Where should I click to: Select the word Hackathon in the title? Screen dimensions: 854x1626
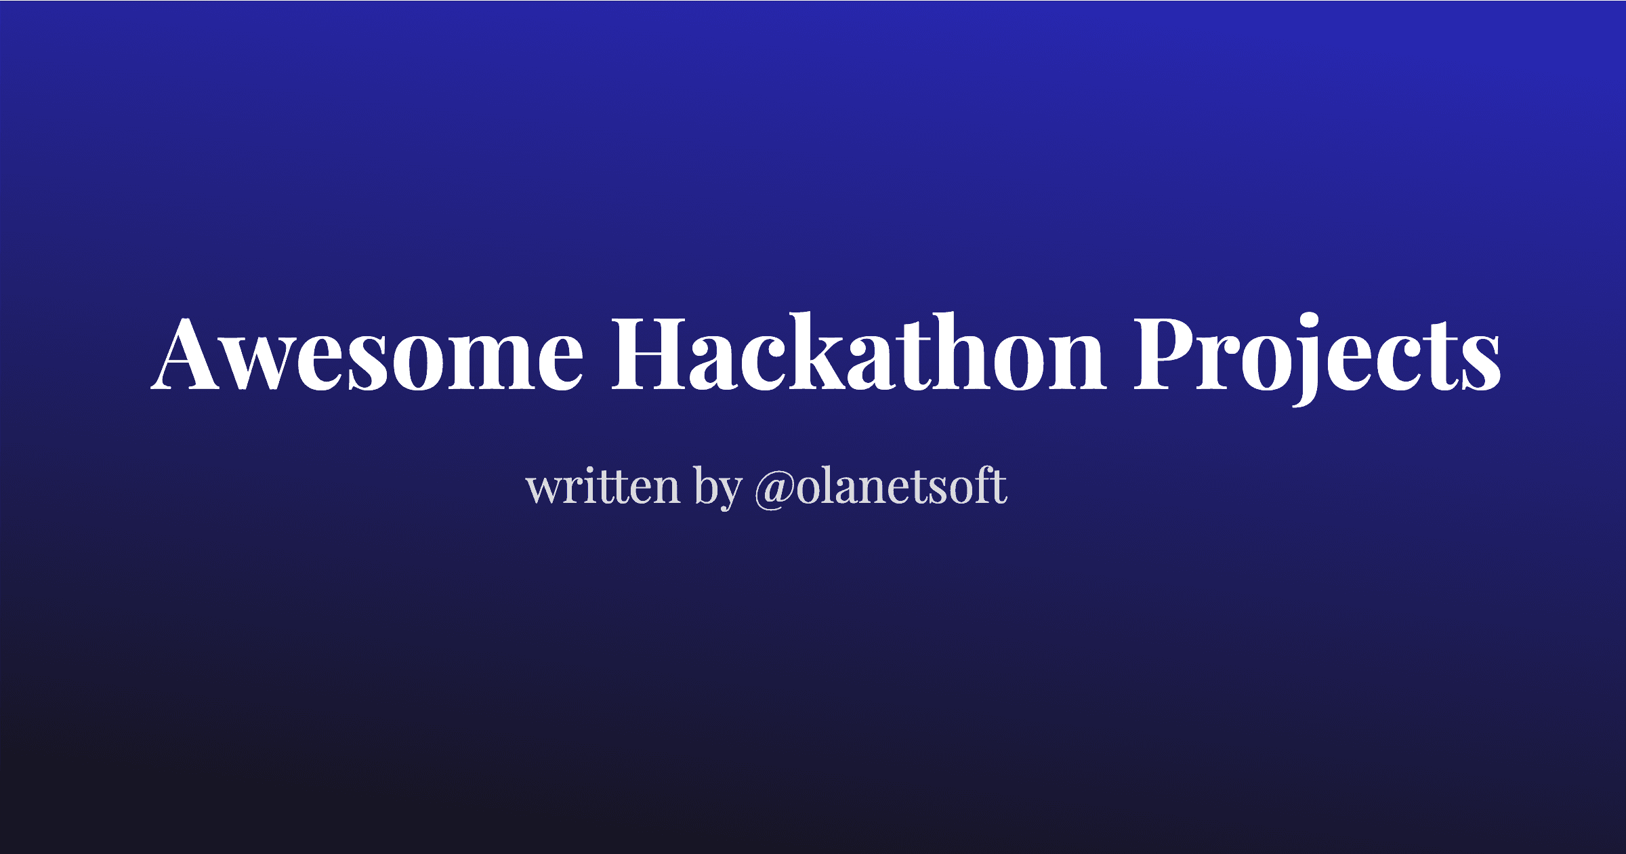(858, 354)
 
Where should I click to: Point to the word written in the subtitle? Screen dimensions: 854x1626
(603, 487)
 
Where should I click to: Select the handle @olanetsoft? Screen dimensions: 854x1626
(881, 487)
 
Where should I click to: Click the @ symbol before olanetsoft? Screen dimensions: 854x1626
(774, 489)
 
